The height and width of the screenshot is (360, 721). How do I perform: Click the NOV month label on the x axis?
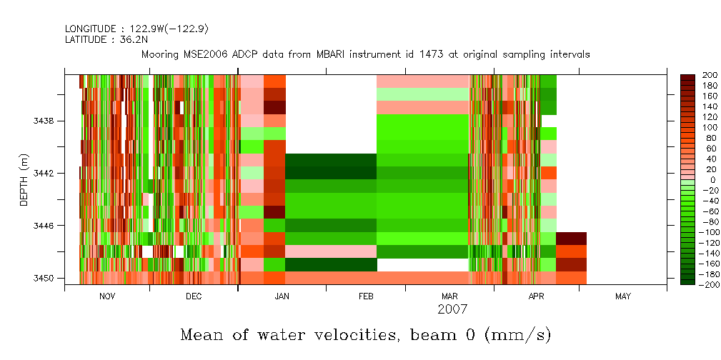106,296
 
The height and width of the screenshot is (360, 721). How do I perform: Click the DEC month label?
193,296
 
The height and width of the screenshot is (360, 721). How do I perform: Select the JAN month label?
282,296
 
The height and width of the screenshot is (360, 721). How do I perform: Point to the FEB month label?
366,296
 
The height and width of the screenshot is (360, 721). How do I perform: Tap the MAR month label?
449,296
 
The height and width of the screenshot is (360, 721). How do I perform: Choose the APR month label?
536,296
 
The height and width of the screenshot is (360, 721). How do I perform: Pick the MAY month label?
622,296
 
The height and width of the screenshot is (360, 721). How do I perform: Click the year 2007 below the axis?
452,309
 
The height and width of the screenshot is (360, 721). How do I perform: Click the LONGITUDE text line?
136,29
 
